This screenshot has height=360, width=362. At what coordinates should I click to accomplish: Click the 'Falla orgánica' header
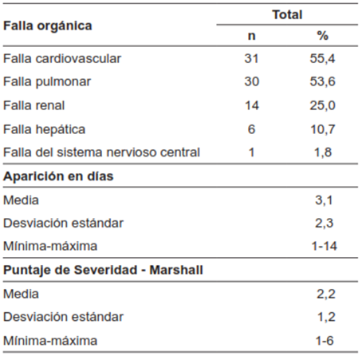[48, 25]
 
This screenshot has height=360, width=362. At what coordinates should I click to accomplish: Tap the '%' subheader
[323, 36]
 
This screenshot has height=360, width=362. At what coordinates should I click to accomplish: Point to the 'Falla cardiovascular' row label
[62, 59]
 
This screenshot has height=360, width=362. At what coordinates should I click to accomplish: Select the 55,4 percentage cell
[323, 59]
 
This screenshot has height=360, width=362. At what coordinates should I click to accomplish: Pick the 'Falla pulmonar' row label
[47, 82]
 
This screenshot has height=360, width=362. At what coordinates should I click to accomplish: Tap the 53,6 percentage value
[323, 82]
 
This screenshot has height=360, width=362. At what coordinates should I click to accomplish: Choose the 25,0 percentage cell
[323, 105]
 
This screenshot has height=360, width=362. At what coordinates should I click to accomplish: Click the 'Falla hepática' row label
[45, 129]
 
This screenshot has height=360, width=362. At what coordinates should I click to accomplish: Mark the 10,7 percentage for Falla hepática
[323, 129]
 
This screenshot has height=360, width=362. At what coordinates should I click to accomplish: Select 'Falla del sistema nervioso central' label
[101, 152]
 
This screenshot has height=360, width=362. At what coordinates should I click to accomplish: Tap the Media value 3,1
[325, 200]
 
